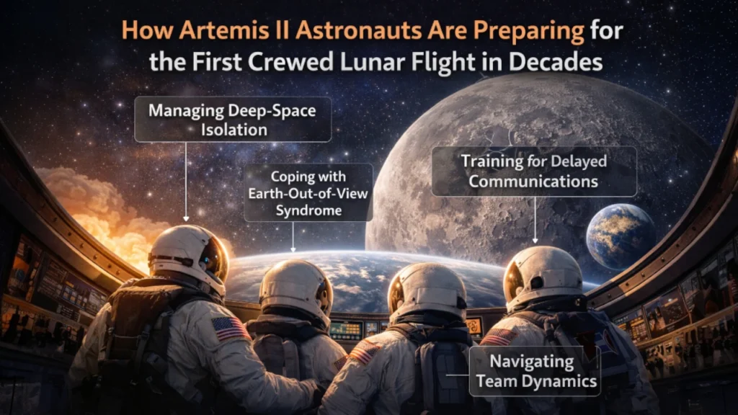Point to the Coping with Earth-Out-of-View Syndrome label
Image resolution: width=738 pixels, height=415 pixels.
pyautogui.click(x=308, y=192)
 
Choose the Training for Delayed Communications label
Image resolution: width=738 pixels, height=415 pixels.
pyautogui.click(x=534, y=171)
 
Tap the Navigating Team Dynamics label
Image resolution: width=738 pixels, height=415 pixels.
pyautogui.click(x=534, y=371)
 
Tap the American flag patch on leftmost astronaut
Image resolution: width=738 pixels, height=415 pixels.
pyautogui.click(x=231, y=329)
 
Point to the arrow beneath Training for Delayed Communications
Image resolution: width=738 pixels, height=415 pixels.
pyautogui.click(x=535, y=220)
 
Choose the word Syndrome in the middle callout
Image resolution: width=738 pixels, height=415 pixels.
pyautogui.click(x=308, y=210)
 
